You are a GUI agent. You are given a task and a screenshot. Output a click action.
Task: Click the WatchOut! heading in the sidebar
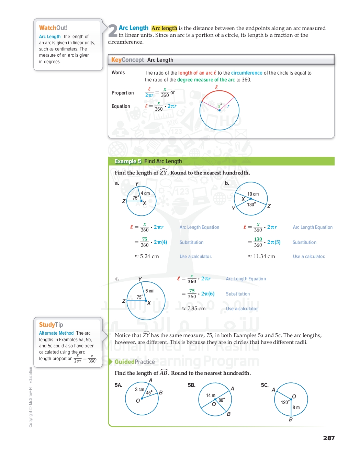pyautogui.click(x=53, y=28)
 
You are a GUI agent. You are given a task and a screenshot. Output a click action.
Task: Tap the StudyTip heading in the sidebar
pyautogui.click(x=51, y=325)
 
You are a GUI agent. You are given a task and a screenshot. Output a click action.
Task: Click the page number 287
pyautogui.click(x=329, y=438)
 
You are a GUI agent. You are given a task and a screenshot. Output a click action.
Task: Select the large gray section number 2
pyautogui.click(x=113, y=31)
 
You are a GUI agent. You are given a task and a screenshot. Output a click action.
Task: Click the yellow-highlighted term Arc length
pyautogui.click(x=164, y=28)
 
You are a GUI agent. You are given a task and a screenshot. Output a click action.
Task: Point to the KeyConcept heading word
pyautogui.click(x=127, y=60)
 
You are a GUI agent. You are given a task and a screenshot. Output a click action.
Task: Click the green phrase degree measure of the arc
pyautogui.click(x=206, y=80)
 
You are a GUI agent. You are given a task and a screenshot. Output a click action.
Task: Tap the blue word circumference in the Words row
pyautogui.click(x=247, y=73)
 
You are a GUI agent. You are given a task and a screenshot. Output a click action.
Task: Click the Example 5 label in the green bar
pyautogui.click(x=128, y=161)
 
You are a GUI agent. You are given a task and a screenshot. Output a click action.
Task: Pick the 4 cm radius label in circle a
pyautogui.click(x=145, y=193)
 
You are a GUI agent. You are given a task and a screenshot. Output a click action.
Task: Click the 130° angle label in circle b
pyautogui.click(x=251, y=204)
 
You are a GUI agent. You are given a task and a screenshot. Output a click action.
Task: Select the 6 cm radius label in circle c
pyautogui.click(x=150, y=291)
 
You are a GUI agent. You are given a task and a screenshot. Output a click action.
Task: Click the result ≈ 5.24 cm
pyautogui.click(x=147, y=256)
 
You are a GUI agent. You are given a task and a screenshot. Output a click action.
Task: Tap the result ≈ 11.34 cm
pyautogui.click(x=261, y=256)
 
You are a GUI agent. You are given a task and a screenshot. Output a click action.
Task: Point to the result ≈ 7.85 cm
pyautogui.click(x=193, y=309)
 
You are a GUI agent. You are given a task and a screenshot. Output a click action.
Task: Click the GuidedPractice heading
pyautogui.click(x=135, y=362)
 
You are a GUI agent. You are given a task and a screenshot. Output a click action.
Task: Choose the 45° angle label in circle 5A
pyautogui.click(x=149, y=393)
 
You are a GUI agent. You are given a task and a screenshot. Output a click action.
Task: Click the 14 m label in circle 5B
pyautogui.click(x=211, y=395)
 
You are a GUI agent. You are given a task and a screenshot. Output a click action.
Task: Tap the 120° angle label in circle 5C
pyautogui.click(x=285, y=402)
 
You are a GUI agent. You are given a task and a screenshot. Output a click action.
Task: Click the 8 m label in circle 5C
pyautogui.click(x=296, y=407)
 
